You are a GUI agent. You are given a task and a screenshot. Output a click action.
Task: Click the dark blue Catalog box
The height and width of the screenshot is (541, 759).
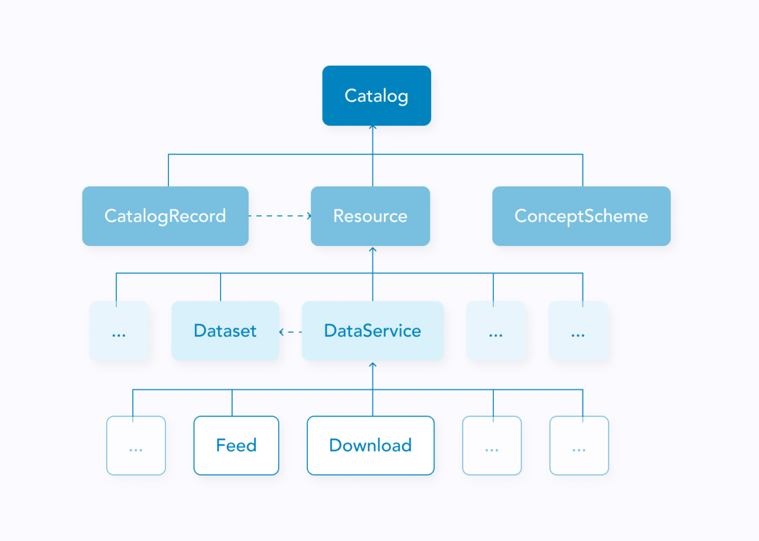coord(377,95)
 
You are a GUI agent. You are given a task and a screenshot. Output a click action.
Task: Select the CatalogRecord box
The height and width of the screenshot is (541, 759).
coord(165,216)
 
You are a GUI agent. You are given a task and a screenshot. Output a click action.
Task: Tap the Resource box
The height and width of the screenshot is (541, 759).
coord(370,216)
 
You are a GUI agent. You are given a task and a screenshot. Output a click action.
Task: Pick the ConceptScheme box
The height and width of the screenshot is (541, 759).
coord(581,216)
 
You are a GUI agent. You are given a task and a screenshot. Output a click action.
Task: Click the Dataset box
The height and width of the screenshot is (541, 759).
coord(225,331)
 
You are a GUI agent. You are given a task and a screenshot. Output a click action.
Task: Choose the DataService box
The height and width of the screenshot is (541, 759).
coord(372,331)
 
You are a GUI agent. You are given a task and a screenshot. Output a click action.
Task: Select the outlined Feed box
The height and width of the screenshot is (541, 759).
coord(236,445)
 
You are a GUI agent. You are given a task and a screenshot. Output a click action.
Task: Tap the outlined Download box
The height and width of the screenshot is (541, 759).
coord(370,445)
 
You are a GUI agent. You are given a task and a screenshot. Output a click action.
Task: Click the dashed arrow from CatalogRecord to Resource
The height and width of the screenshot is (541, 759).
coord(279,216)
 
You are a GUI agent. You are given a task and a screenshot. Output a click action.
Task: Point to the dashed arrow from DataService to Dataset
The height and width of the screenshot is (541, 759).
coord(291,331)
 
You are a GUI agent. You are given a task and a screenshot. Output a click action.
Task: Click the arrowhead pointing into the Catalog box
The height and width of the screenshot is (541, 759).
coord(373,127)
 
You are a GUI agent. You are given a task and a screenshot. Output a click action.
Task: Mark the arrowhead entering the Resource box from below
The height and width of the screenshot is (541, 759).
coord(373,249)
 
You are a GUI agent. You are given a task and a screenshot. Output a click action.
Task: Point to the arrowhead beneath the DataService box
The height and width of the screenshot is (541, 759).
coord(373,364)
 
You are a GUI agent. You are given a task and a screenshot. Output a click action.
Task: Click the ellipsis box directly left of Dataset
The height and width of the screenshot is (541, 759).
coord(119,331)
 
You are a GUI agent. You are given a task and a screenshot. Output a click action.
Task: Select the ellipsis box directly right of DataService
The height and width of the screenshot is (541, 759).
coord(496,331)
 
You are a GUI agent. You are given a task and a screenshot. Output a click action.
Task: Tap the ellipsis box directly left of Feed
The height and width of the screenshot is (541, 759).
coord(136,445)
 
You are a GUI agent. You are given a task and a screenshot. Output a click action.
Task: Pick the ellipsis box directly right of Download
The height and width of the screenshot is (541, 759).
coord(492,445)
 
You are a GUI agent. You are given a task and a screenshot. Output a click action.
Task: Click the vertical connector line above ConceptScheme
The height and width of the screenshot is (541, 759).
coord(582,171)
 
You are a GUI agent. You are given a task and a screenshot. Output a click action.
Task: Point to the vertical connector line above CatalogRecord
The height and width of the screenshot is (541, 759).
coord(168,171)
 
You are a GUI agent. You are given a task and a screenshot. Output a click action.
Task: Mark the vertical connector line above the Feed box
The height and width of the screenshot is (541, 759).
coord(232,403)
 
